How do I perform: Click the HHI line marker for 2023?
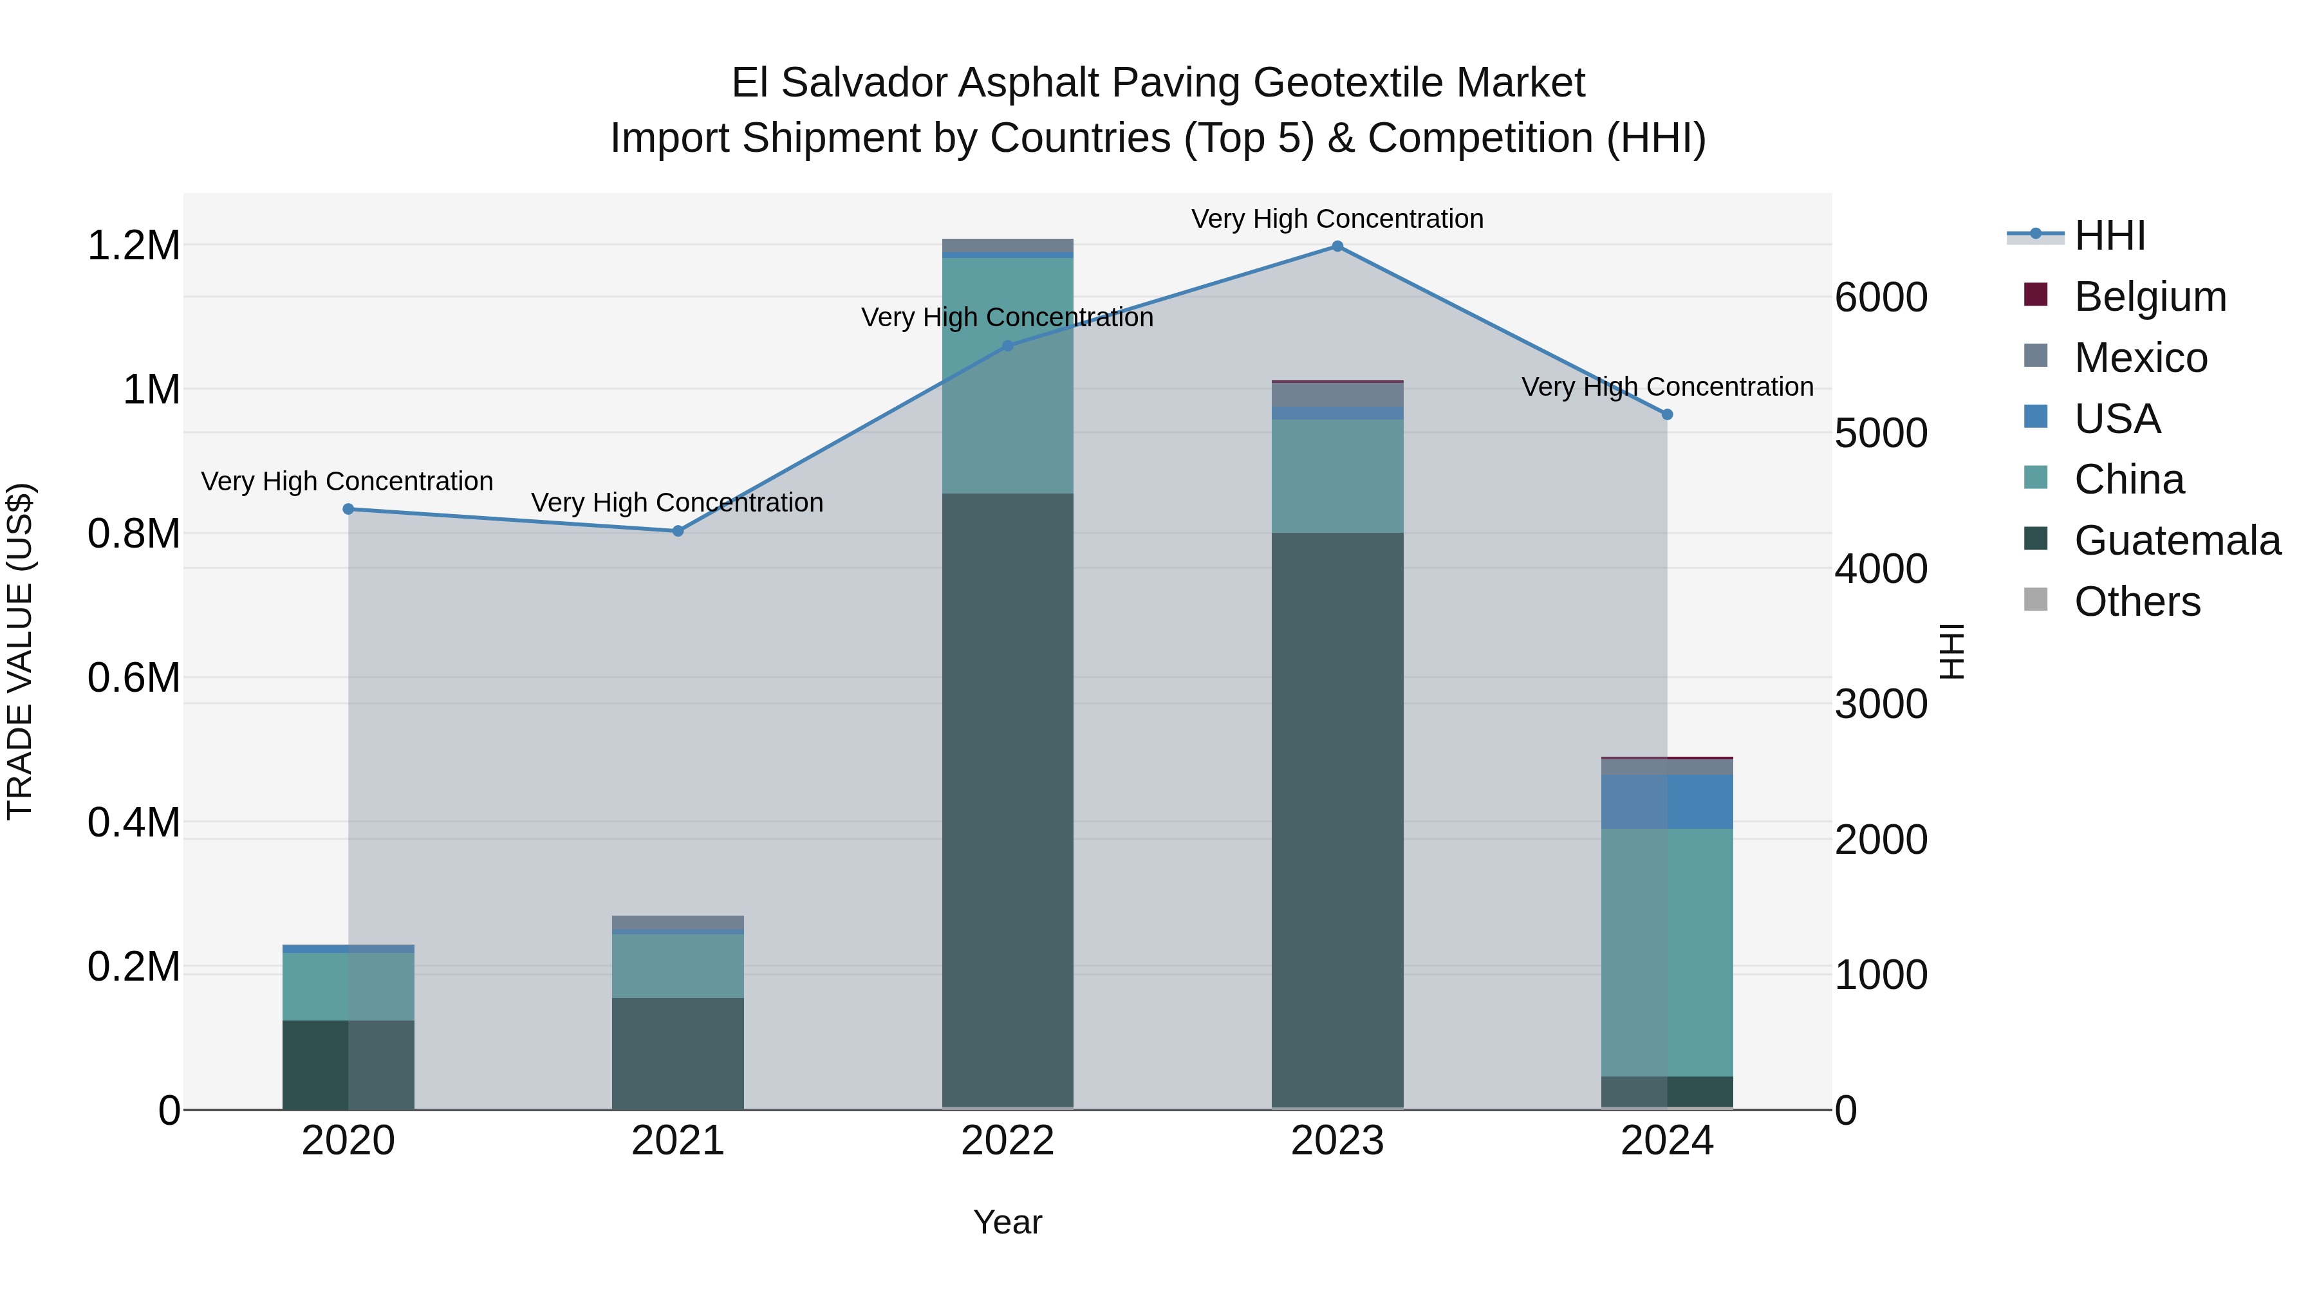coord(1337,246)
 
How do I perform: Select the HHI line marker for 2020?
coord(348,509)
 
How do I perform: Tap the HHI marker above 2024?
coord(1667,414)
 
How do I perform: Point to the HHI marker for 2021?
coord(678,531)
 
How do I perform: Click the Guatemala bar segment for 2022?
coord(1007,800)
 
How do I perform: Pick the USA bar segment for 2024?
coord(1667,801)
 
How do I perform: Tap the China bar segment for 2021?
coord(678,966)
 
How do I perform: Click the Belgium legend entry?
coord(2150,297)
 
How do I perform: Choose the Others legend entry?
coord(2136,602)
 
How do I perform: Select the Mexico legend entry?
coord(2140,358)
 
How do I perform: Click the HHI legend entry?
coord(2109,236)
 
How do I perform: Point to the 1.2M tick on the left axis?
coord(134,246)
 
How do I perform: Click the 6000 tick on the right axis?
coord(1881,298)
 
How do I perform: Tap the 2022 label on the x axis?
coord(1007,1141)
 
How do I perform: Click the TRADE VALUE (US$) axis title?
coord(20,651)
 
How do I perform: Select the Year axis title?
coord(1007,1222)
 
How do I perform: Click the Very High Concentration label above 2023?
coord(1337,219)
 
